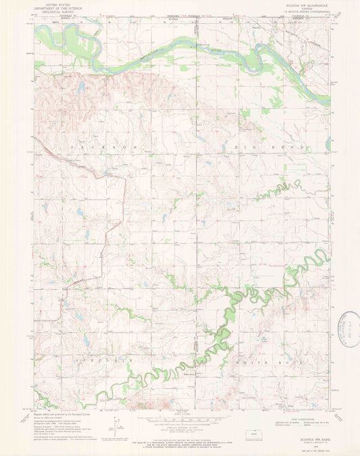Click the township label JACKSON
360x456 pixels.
pyautogui.click(x=107, y=146)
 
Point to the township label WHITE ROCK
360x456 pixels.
pyautogui.click(x=252, y=362)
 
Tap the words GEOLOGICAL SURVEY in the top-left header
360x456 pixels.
pyautogui.click(x=54, y=12)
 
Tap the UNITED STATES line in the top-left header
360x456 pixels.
pyautogui.click(x=54, y=4)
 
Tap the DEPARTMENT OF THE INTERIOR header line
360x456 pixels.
pyautogui.click(x=54, y=8)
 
